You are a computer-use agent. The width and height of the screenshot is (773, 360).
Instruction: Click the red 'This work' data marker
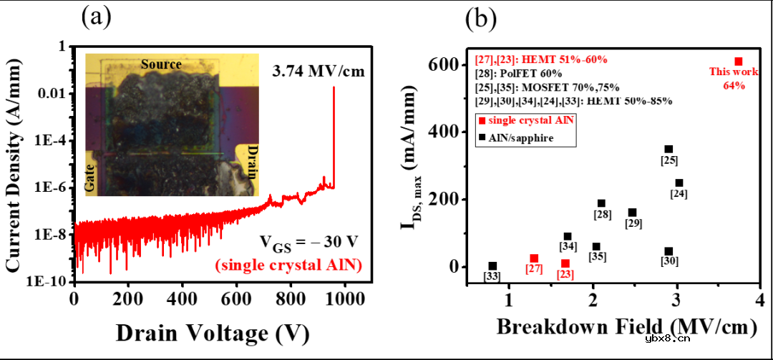coord(739,62)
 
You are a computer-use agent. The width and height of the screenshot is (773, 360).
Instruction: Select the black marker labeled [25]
coord(669,149)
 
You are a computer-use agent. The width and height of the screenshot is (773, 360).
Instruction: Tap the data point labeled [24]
coord(679,183)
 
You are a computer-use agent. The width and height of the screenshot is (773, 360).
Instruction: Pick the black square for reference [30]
coord(669,251)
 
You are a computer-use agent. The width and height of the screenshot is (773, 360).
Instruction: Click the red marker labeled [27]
coord(534,258)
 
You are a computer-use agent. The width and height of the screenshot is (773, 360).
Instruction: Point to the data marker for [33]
coord(492,266)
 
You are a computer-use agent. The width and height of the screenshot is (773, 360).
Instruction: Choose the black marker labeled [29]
coord(633,213)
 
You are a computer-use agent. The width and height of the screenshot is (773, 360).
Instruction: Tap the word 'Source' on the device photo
coord(161,64)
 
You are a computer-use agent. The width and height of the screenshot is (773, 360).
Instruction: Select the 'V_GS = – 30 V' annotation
coord(306,245)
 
